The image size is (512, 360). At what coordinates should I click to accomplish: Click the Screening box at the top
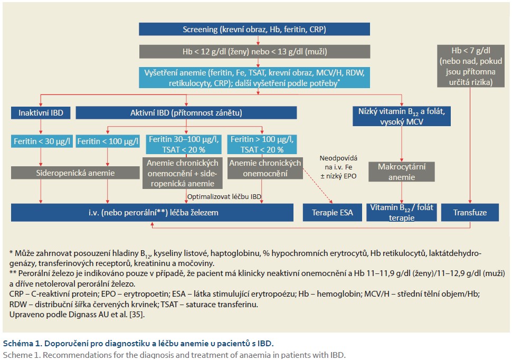254,29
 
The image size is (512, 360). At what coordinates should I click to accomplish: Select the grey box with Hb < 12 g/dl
255,51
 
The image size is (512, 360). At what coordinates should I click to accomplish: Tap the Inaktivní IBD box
41,113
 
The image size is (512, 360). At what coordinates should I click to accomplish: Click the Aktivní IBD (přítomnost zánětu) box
186,113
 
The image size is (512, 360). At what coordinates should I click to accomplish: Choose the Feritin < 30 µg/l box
42,141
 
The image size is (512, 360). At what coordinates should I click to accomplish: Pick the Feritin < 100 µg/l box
108,141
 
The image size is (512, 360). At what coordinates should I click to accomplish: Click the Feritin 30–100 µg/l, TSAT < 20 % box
184,145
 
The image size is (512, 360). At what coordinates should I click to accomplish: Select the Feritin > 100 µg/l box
262,145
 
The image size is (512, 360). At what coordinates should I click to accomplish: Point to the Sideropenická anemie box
75,173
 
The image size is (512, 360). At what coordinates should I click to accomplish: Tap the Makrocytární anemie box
402,172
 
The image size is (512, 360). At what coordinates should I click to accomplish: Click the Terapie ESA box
333,213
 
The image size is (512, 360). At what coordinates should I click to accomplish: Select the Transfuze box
470,213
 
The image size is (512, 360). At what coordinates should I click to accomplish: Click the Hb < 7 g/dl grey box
470,66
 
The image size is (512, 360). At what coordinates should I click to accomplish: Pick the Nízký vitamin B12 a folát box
402,116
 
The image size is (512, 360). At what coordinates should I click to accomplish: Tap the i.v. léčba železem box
152,213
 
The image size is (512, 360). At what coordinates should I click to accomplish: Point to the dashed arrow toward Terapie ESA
318,186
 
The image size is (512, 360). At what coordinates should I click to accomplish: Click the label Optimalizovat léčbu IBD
224,197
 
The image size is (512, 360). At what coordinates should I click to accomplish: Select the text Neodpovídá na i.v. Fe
338,163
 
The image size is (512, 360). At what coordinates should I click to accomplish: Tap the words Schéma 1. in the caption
22,343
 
